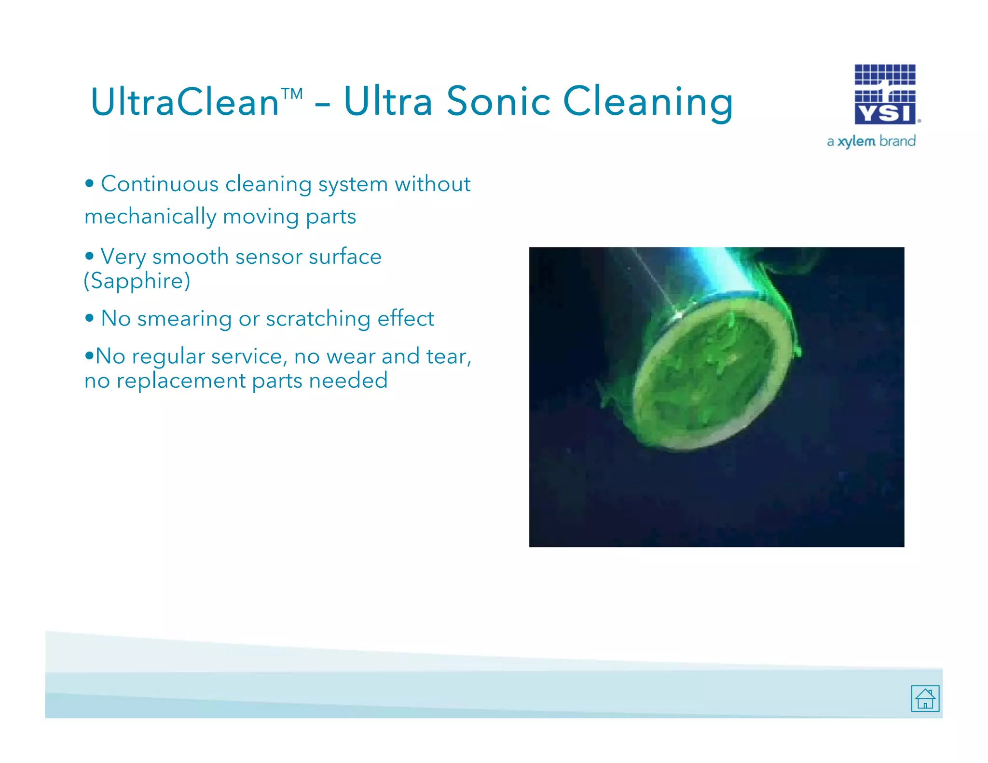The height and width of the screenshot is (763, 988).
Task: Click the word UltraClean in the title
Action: coord(184,102)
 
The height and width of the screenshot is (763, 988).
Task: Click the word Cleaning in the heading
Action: coord(648,102)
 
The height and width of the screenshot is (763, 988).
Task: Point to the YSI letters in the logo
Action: coord(885,113)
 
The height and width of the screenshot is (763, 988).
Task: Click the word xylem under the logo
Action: coord(856,141)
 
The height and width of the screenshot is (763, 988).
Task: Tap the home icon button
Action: coord(925,698)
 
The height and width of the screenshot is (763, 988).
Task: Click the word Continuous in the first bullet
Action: coord(159,184)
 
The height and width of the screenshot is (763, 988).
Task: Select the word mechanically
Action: coord(150,217)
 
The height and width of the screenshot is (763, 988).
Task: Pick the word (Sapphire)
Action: coord(137,281)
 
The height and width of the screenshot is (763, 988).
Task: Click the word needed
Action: coord(348,381)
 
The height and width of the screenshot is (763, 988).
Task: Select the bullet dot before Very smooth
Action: coord(89,256)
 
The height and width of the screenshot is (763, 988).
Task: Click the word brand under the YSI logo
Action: coord(897,141)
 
